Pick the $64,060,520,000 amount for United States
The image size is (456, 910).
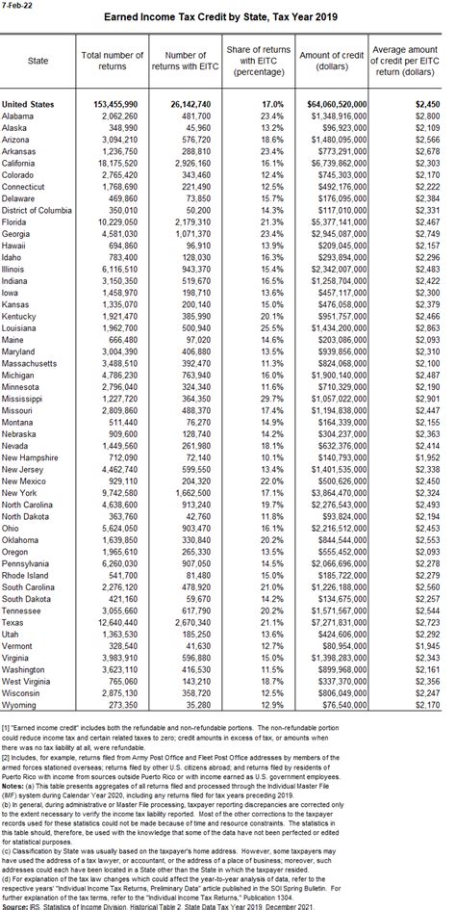click(325, 102)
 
